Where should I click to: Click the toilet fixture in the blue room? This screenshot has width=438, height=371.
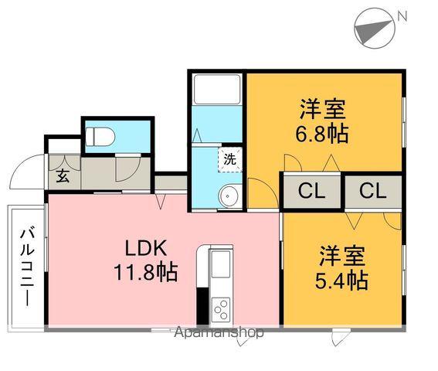(100, 137)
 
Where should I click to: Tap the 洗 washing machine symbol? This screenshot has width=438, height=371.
(230, 160)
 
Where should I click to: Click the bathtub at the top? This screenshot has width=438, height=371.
(217, 90)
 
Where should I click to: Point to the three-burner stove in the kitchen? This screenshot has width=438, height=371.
(221, 309)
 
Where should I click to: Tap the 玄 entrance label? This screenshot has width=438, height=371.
(63, 176)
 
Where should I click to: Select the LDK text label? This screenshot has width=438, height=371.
(146, 248)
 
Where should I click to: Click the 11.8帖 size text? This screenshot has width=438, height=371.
(145, 272)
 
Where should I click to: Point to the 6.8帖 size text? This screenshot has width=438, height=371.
(322, 134)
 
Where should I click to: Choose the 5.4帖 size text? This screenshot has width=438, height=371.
(341, 281)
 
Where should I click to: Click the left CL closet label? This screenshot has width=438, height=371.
(311, 191)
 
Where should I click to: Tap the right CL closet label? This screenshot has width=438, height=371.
(372, 191)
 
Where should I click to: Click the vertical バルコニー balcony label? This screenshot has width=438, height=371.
(27, 267)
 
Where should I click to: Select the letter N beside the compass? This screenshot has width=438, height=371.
(402, 16)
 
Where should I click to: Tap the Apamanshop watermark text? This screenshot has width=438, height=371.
(219, 332)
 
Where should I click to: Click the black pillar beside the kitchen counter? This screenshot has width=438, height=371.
(202, 305)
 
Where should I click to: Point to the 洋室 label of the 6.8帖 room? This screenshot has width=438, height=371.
(323, 109)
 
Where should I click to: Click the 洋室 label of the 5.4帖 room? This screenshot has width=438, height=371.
(342, 256)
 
